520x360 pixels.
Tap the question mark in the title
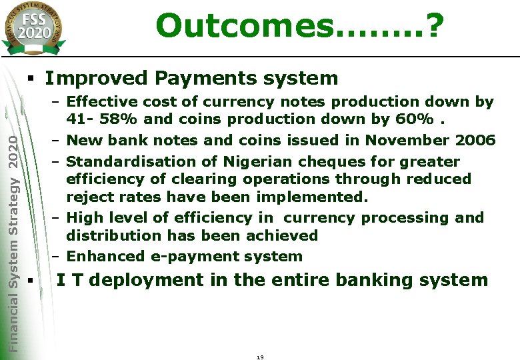tap(433, 25)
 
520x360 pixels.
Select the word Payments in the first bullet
tap(199, 78)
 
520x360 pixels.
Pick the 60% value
tap(419, 119)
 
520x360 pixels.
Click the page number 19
tap(260, 357)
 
